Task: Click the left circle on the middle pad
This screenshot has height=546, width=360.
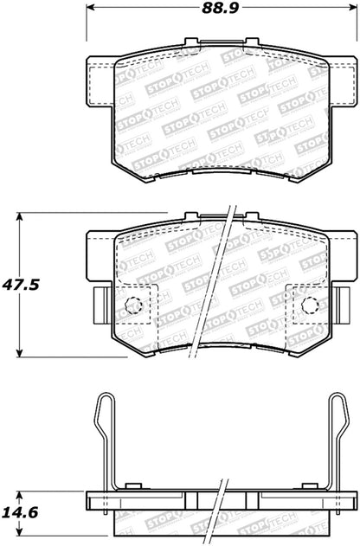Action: pos(132,305)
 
